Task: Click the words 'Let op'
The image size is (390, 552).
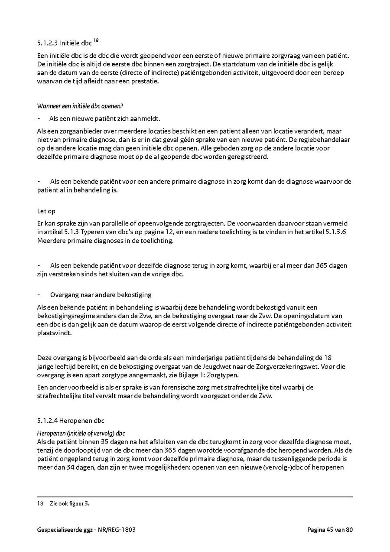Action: point(46,211)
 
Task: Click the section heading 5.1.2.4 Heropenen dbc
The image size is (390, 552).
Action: point(71,421)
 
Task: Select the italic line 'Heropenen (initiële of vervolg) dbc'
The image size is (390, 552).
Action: point(81,433)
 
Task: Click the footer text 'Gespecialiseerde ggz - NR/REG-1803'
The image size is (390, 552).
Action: point(89,529)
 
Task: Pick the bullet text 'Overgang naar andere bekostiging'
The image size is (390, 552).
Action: point(101,295)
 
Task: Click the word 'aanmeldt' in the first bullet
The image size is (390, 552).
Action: point(147,118)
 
